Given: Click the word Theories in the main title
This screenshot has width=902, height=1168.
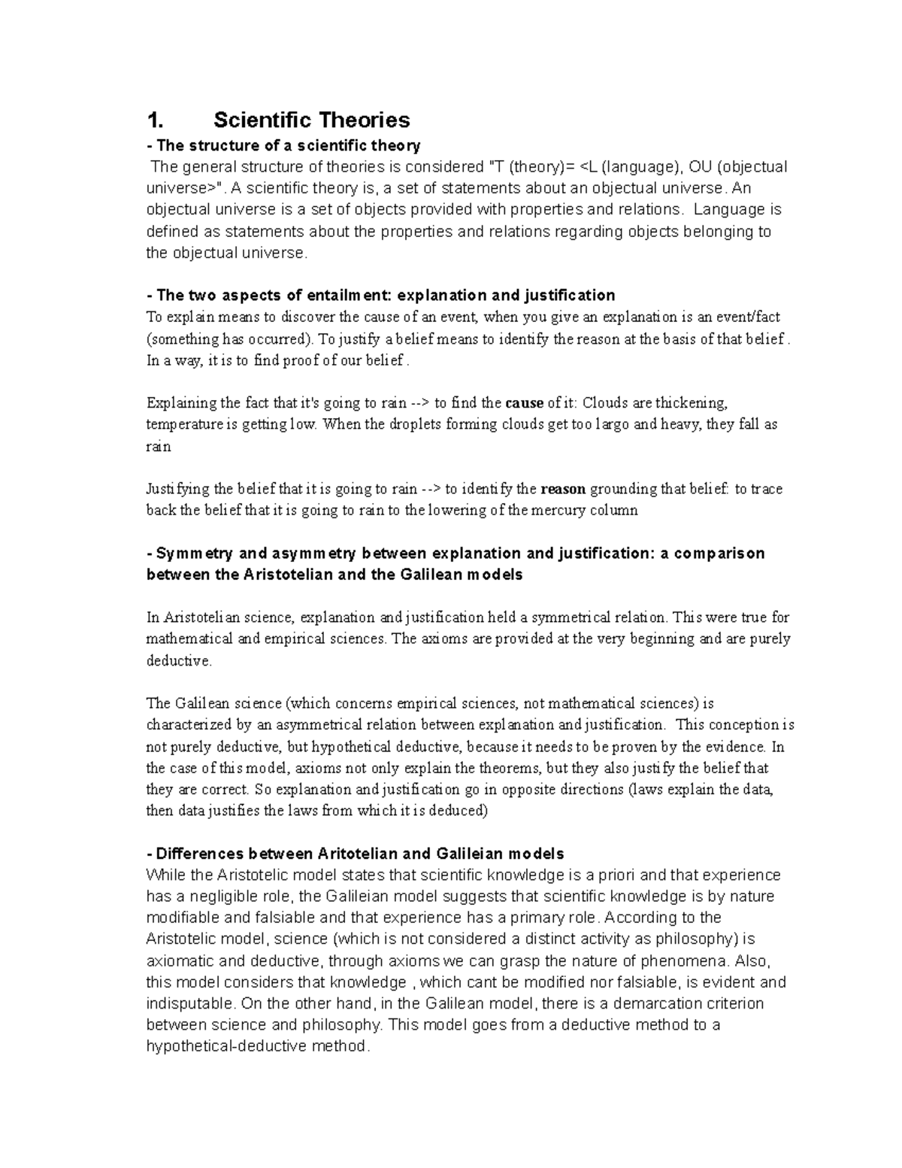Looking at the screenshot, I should point(362,120).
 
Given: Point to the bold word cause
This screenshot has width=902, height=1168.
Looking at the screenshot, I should point(524,403).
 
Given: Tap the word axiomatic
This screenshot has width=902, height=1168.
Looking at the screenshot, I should point(178,960).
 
